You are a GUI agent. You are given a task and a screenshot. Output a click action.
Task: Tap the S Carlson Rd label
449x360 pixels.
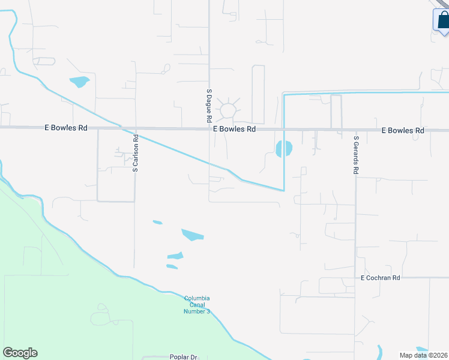tap(136, 154)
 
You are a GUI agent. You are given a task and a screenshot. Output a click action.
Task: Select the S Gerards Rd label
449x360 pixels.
tap(356, 155)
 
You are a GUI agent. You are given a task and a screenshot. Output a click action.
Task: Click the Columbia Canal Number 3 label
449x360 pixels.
tap(197, 305)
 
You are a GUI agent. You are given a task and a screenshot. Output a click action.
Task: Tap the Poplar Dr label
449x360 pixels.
tap(183, 357)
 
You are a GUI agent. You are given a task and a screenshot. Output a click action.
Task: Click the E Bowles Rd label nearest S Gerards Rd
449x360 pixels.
tap(403, 130)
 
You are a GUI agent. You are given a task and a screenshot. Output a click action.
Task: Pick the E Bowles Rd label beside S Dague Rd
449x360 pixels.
tap(234, 129)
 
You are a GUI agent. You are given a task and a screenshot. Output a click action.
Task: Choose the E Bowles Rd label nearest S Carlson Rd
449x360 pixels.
tap(66, 128)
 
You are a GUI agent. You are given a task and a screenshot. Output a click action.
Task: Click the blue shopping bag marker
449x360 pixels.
tap(442, 20)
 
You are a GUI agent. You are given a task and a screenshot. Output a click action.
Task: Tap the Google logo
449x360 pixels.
tap(20, 353)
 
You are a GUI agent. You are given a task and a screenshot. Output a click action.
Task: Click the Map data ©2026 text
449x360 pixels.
tap(424, 355)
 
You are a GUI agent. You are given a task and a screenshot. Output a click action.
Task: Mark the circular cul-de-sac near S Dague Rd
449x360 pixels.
tap(228, 110)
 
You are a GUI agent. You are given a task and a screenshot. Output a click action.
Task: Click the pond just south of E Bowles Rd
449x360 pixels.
tap(283, 149)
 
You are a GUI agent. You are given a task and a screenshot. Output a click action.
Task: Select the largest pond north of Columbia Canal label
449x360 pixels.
tap(192, 235)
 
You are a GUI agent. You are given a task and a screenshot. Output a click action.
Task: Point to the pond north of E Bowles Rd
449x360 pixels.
tap(79, 82)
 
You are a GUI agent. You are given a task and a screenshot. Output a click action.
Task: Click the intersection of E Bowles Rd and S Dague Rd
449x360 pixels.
tap(209, 128)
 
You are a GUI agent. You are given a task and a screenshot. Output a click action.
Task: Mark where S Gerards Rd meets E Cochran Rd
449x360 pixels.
tap(355, 278)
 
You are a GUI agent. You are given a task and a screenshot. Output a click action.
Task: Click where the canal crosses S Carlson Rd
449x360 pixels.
tap(136, 133)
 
